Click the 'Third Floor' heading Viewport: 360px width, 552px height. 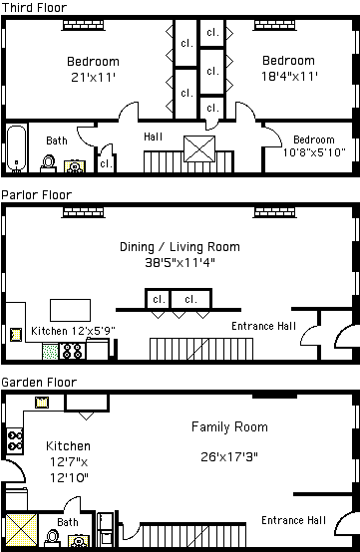tap(34, 7)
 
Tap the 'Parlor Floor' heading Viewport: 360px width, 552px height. tap(37, 194)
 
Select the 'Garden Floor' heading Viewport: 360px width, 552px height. tap(39, 382)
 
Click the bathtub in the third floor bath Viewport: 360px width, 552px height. tap(17, 148)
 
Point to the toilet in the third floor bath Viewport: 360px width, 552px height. tap(48, 163)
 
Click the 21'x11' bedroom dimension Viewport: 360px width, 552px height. tap(94, 77)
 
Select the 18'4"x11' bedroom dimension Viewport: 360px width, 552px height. tap(289, 76)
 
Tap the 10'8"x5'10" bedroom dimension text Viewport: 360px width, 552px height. tap(314, 152)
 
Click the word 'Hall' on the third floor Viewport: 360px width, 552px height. tap(154, 137)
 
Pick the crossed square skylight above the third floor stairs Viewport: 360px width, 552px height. tap(199, 148)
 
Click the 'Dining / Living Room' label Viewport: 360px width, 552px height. tap(180, 247)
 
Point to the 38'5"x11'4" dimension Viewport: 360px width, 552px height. tap(180, 263)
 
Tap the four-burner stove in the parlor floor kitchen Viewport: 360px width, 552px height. tap(72, 351)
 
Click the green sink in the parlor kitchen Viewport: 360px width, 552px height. tap(50, 352)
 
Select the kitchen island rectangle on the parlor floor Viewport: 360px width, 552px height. tap(70, 310)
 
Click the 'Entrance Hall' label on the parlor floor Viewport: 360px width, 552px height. tap(264, 326)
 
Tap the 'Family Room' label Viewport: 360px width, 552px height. tap(229, 426)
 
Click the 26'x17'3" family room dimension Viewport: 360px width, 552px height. tap(229, 457)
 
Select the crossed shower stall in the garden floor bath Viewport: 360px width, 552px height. tap(22, 530)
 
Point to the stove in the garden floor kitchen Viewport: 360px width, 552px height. tap(15, 440)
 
